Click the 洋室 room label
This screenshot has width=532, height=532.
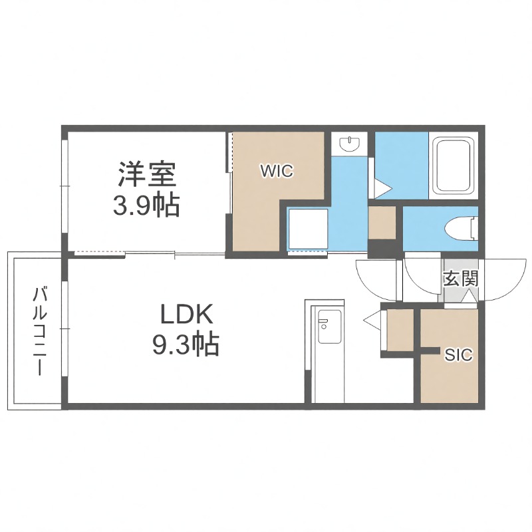coord(146,174)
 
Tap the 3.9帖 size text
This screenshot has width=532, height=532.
coord(146,205)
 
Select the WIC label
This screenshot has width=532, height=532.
coord(276,171)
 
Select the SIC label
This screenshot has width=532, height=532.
coord(458,355)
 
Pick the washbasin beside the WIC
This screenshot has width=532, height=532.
coord(348,143)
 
